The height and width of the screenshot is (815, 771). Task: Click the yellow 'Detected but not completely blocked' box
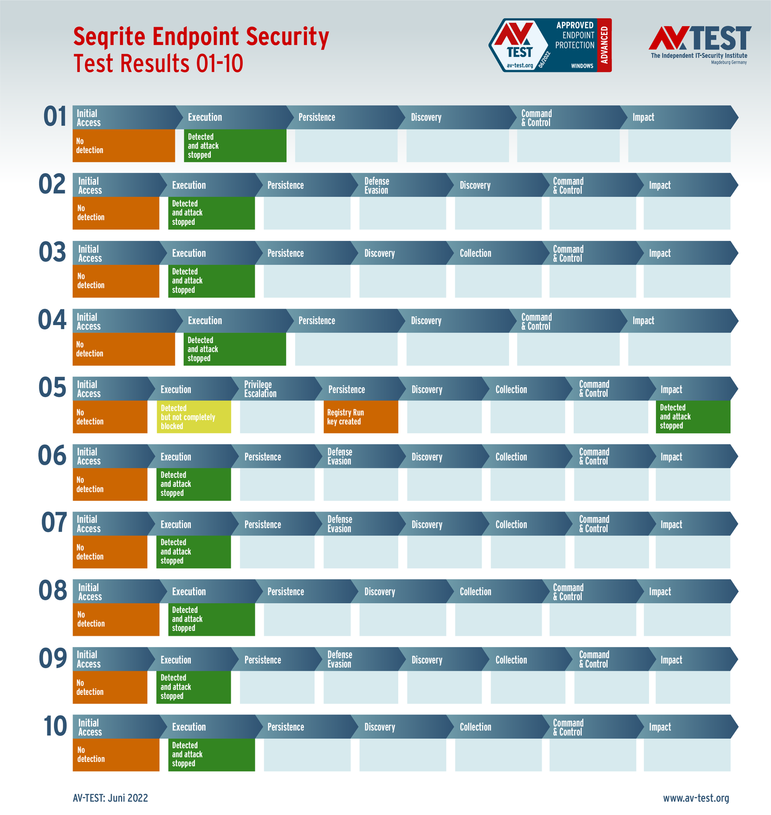coord(193,416)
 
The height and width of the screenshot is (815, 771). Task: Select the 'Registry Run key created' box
coord(360,416)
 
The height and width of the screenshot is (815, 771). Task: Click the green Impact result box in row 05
coord(692,416)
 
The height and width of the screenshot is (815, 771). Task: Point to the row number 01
coord(55,117)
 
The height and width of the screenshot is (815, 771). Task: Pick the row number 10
coord(55,727)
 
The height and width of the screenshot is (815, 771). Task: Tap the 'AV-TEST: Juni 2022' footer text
coord(111,798)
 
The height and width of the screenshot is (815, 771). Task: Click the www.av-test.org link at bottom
coord(696,798)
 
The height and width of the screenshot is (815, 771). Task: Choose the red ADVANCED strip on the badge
coord(604,45)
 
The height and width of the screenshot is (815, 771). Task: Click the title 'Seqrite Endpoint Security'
coord(201,37)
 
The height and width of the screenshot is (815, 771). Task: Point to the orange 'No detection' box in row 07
coord(110,552)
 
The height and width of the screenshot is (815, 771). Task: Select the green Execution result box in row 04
coord(234,349)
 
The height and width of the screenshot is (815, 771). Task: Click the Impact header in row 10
coord(684,727)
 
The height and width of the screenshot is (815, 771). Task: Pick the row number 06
coord(52,456)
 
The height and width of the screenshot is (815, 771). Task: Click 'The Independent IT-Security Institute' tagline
coord(699,55)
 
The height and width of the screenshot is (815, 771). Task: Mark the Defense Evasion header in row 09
coord(360,659)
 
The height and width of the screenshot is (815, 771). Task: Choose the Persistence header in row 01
coord(339,117)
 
